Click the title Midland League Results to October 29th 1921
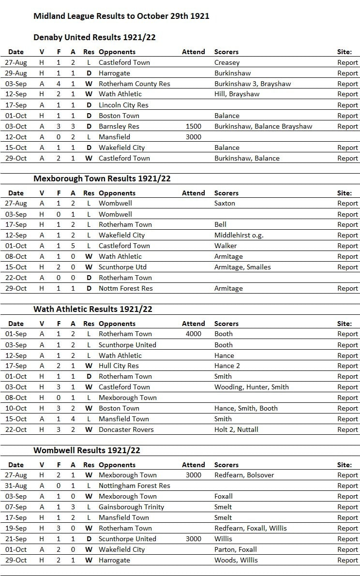(121, 16)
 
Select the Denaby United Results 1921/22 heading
(94, 37)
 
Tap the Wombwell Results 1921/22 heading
(87, 450)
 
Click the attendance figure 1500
(193, 126)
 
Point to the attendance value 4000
(193, 334)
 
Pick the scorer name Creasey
(227, 62)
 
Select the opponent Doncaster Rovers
(126, 429)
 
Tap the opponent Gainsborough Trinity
(131, 507)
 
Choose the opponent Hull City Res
(119, 366)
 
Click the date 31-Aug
(16, 486)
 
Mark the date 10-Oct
(16, 408)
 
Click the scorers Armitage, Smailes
(242, 267)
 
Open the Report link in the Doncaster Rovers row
(347, 429)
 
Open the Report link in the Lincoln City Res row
(347, 105)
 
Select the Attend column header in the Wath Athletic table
(193, 324)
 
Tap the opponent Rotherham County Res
(135, 84)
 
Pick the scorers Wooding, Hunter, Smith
(251, 387)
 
